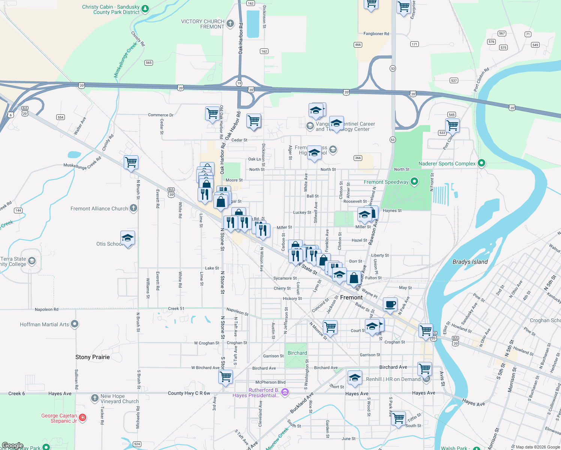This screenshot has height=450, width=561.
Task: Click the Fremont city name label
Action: [x=351, y=297]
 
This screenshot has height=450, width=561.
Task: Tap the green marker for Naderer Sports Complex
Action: [x=481, y=163]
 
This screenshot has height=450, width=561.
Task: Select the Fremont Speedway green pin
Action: [x=414, y=182]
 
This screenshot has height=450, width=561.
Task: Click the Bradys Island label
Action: [x=470, y=262]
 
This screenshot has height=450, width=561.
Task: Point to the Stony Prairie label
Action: [x=93, y=357]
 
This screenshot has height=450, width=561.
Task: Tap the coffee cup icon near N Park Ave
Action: [x=390, y=304]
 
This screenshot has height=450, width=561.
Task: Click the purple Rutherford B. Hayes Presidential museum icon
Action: [x=285, y=393]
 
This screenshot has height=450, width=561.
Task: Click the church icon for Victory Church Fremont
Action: [x=230, y=24]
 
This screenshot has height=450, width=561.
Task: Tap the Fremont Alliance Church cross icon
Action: [x=133, y=208]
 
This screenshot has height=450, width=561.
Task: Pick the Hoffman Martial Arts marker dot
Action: [x=75, y=324]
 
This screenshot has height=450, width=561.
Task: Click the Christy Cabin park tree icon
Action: [x=145, y=8]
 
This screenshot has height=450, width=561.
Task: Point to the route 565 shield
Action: [x=148, y=63]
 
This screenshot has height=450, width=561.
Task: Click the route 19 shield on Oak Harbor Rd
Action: [x=239, y=83]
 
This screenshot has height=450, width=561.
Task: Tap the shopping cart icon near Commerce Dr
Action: [x=212, y=113]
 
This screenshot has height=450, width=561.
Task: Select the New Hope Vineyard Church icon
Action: [x=95, y=398]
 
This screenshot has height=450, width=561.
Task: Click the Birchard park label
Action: [x=297, y=353]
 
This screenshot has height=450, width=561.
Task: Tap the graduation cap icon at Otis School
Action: [x=127, y=238]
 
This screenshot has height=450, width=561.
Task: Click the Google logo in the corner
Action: [x=12, y=445]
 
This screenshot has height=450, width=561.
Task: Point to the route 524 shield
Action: [x=137, y=444]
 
